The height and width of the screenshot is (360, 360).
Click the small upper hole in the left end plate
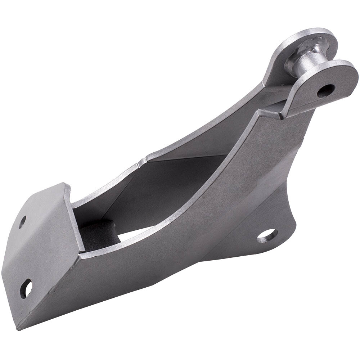pyautogui.click(x=22, y=221)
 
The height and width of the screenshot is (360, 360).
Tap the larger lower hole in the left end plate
pyautogui.click(x=26, y=288)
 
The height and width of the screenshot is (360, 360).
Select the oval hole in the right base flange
pyautogui.click(x=267, y=235)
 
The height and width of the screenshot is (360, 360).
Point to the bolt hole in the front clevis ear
pyautogui.click(x=326, y=90)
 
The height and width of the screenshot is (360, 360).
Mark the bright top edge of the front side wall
pyautogui.click(x=180, y=212)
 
